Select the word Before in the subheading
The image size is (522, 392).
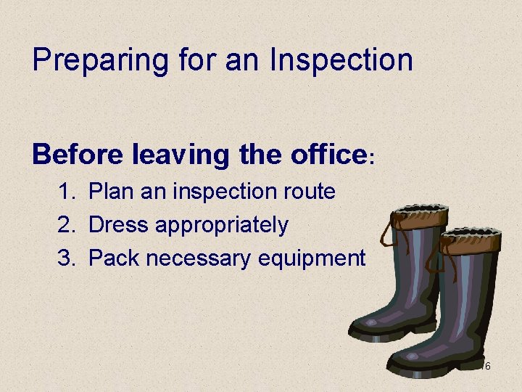78,154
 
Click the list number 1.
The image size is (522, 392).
67,192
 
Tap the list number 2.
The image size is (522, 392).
67,225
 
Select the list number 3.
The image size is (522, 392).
67,258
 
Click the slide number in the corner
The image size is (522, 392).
487,367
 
